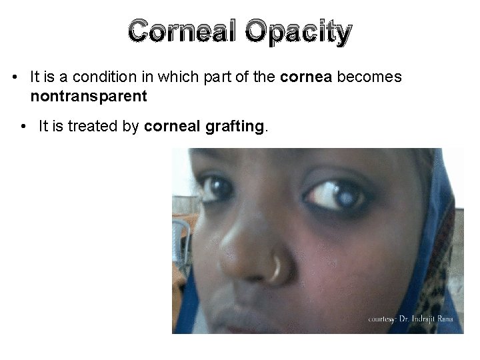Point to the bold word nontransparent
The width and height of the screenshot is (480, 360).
tap(87, 96)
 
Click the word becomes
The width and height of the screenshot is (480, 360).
tap(370, 77)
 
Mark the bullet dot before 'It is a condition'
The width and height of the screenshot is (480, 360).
tap(14, 78)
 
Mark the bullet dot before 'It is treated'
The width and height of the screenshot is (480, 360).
tap(23, 126)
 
